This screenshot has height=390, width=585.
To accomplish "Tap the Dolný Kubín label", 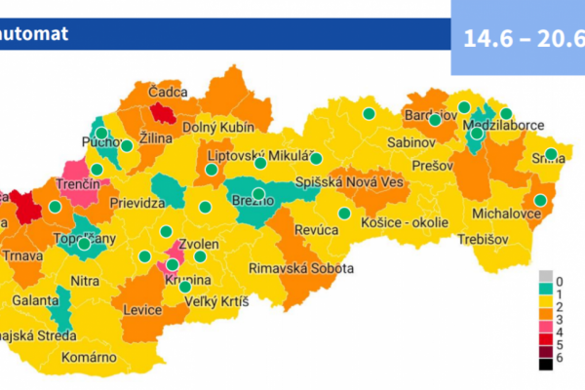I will [x=219, y=127].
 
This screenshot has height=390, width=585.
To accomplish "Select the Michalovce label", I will [x=506, y=212].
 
